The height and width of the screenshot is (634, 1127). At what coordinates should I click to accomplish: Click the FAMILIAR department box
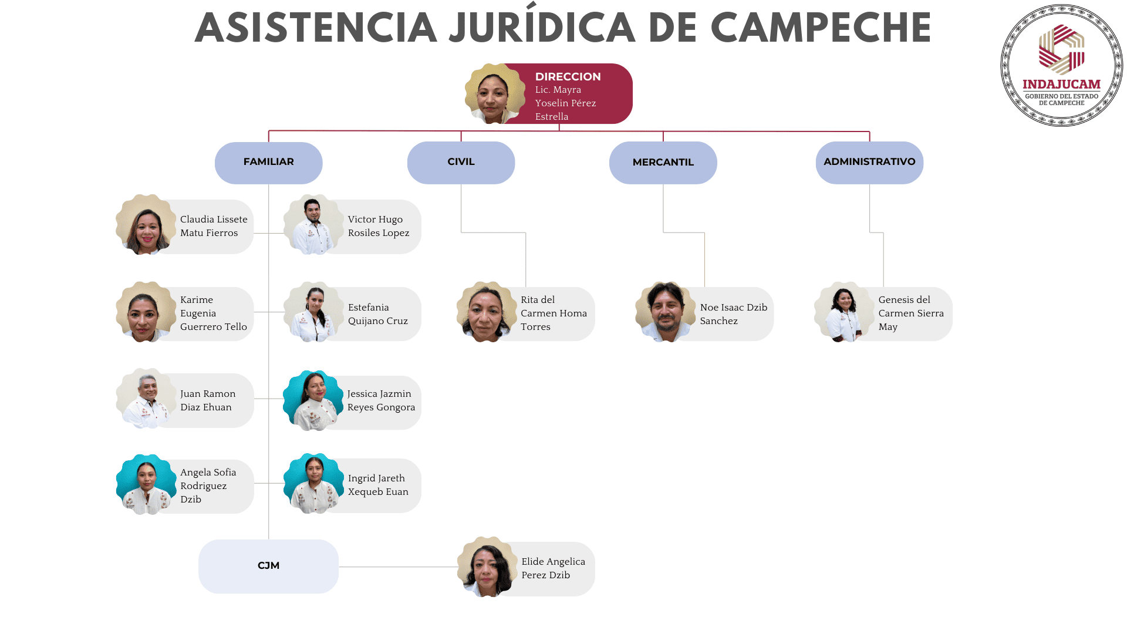coord(268,162)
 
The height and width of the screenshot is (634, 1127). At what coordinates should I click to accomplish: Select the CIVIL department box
coord(461,162)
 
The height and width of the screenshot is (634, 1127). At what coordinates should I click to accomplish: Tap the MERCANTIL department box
coord(663,163)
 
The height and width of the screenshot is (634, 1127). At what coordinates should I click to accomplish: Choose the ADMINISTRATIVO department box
coord(869,162)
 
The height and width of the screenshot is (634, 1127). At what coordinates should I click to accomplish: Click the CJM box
coord(268,566)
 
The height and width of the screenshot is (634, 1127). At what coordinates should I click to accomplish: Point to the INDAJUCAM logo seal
coord(1061,66)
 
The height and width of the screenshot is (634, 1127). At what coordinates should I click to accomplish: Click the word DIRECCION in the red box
coord(568,76)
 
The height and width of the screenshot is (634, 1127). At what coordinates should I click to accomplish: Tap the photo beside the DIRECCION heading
coord(494,94)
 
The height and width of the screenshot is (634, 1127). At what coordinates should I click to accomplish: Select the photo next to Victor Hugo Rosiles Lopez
coord(313,225)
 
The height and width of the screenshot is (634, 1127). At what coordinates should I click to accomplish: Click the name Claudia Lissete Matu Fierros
coord(214,226)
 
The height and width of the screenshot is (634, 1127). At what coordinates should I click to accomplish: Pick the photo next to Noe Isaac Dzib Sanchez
coord(666,312)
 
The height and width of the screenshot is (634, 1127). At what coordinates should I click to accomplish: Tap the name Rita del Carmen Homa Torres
coord(553,313)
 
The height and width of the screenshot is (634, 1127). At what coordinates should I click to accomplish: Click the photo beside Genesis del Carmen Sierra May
coord(843,312)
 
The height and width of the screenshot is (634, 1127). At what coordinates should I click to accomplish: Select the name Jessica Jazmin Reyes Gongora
coord(380,400)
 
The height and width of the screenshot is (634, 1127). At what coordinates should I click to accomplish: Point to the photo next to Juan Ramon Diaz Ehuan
coord(146,399)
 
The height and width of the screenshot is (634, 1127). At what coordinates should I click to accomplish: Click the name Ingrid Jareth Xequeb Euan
coord(377,485)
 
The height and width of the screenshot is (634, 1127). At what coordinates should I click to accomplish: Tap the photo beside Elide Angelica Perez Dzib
coord(487,567)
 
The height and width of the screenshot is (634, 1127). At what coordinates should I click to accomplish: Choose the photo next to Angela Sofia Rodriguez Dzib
coord(146,484)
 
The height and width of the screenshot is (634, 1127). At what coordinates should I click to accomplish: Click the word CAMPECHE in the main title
coord(821,28)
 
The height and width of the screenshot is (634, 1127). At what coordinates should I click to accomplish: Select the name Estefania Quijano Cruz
coord(377,314)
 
